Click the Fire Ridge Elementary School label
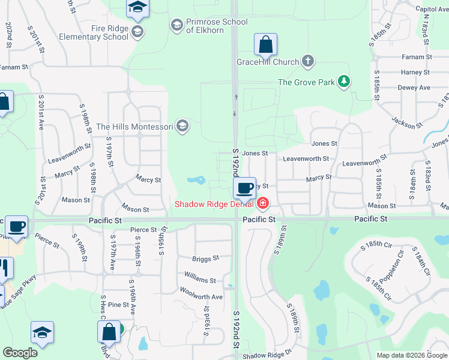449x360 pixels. pyautogui.click(x=94, y=32)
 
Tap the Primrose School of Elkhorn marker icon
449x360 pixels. pyautogui.click(x=176, y=25)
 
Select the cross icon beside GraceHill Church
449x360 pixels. pyautogui.click(x=308, y=61)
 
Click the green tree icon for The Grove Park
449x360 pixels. pyautogui.click(x=343, y=81)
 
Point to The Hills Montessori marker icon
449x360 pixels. pyautogui.click(x=182, y=126)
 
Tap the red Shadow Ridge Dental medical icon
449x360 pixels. pyautogui.click(x=262, y=204)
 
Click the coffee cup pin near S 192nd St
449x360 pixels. pyautogui.click(x=244, y=188)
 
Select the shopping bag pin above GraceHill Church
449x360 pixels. pyautogui.click(x=265, y=44)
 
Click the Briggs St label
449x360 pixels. pyautogui.click(x=205, y=259)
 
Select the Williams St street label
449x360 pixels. pyautogui.click(x=200, y=280)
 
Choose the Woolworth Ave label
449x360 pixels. pyautogui.click(x=201, y=297)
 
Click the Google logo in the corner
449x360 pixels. pyautogui.click(x=20, y=353)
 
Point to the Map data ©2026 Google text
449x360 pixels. pyautogui.click(x=411, y=355)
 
